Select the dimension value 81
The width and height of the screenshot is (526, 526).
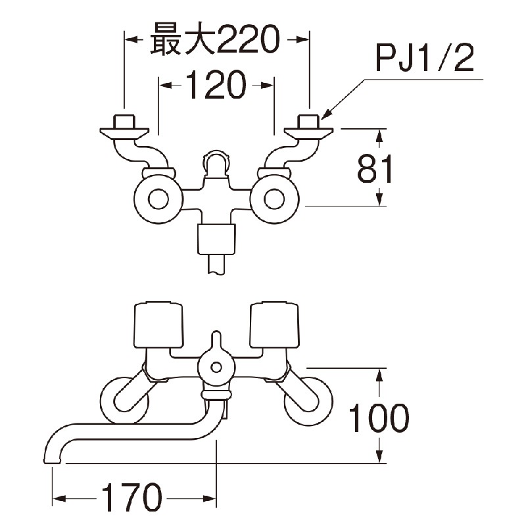tap(375, 169)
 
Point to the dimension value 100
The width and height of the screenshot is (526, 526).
tap(378, 418)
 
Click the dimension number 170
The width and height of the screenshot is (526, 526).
tap(131, 498)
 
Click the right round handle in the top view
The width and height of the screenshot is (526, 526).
tap(274, 199)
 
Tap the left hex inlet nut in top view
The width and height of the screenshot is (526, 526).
tap(124, 122)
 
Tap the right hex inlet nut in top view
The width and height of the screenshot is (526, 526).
tap(308, 122)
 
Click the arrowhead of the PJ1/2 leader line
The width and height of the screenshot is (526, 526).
tap(327, 116)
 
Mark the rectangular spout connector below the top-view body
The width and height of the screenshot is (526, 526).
tap(216, 239)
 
